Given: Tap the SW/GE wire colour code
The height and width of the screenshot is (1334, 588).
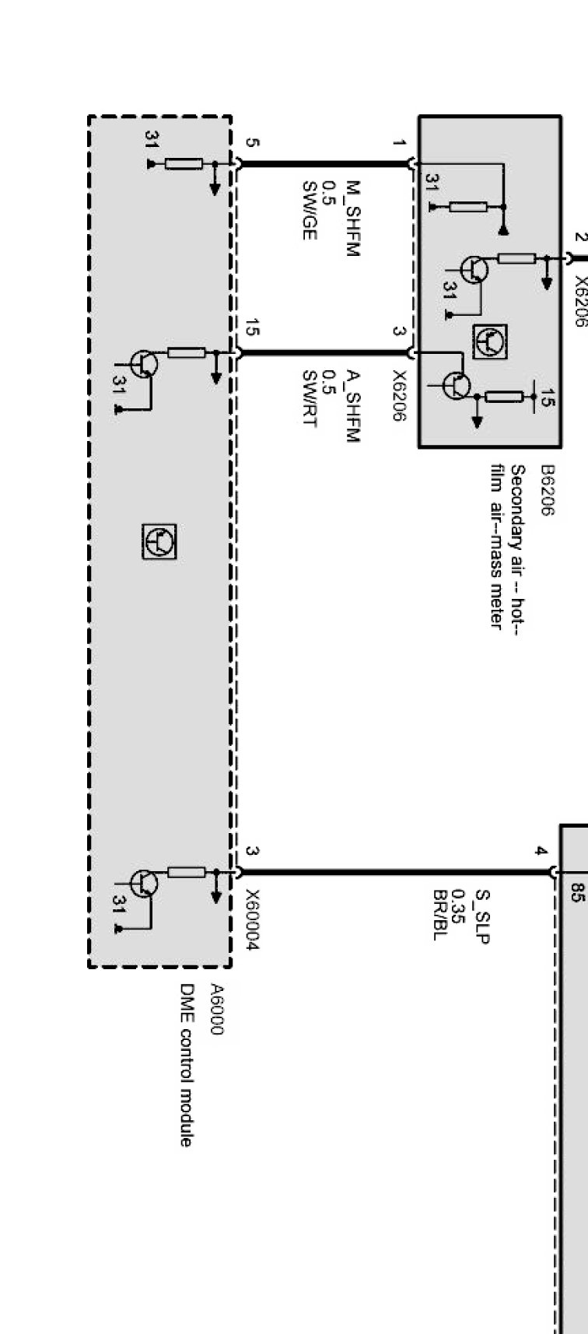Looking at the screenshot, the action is (x=309, y=210).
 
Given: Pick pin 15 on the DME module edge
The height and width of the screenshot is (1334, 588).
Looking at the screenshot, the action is (x=250, y=327).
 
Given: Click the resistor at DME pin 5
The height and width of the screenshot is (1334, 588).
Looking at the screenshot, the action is (x=184, y=164).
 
